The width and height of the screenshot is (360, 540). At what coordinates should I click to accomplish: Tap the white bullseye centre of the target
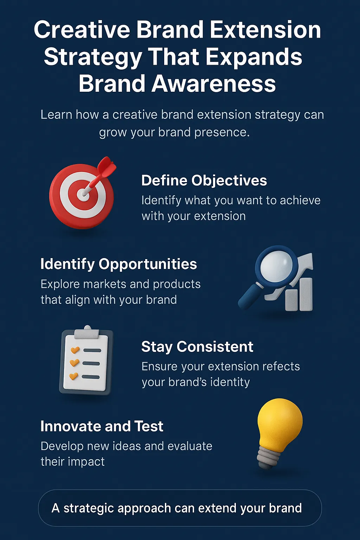[83, 194]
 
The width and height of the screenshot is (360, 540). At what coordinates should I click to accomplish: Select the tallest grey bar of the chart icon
[306, 294]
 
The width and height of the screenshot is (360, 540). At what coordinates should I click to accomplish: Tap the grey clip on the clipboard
[86, 333]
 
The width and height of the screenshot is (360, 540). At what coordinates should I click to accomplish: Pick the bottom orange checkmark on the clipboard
[73, 376]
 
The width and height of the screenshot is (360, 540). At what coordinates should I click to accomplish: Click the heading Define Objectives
[204, 181]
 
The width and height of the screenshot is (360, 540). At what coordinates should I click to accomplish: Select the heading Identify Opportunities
[118, 264]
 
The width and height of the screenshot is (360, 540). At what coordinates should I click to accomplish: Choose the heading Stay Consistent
[197, 347]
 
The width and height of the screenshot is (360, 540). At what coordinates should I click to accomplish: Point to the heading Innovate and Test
[102, 426]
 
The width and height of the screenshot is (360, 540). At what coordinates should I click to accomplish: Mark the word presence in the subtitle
[222, 133]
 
